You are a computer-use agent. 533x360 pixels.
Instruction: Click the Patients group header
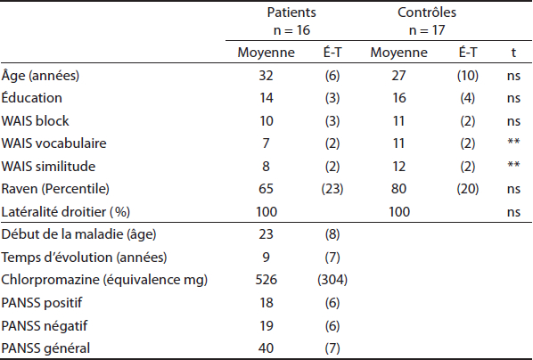click(x=291, y=12)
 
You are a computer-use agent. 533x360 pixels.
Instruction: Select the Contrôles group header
click(x=427, y=12)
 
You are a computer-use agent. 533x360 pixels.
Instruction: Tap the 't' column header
click(x=513, y=53)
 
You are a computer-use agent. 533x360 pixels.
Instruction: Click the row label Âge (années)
click(x=40, y=75)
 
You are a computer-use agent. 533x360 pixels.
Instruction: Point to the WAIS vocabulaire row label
click(x=53, y=143)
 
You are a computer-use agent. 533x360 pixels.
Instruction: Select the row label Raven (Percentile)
click(x=55, y=189)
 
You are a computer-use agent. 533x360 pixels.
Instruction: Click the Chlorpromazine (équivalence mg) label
click(x=104, y=280)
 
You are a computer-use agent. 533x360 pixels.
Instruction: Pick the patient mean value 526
click(x=266, y=280)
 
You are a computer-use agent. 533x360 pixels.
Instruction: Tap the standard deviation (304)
click(x=332, y=280)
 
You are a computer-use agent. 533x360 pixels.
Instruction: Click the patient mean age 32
click(x=266, y=75)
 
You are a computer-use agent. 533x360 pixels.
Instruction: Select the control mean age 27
click(x=398, y=75)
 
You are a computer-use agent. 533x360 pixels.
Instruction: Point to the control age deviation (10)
click(x=467, y=75)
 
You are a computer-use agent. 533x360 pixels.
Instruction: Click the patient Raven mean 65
click(x=266, y=189)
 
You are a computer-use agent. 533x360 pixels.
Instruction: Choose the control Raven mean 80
click(x=398, y=189)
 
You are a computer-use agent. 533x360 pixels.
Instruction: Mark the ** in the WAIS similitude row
click(x=513, y=164)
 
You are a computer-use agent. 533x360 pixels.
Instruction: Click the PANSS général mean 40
click(x=266, y=348)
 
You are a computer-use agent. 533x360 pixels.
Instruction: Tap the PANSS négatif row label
click(x=45, y=325)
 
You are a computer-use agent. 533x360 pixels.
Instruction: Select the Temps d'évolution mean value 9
click(x=266, y=257)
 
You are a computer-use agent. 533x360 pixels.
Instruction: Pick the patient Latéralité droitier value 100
click(x=266, y=212)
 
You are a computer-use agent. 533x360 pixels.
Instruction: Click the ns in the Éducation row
click(x=513, y=98)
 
